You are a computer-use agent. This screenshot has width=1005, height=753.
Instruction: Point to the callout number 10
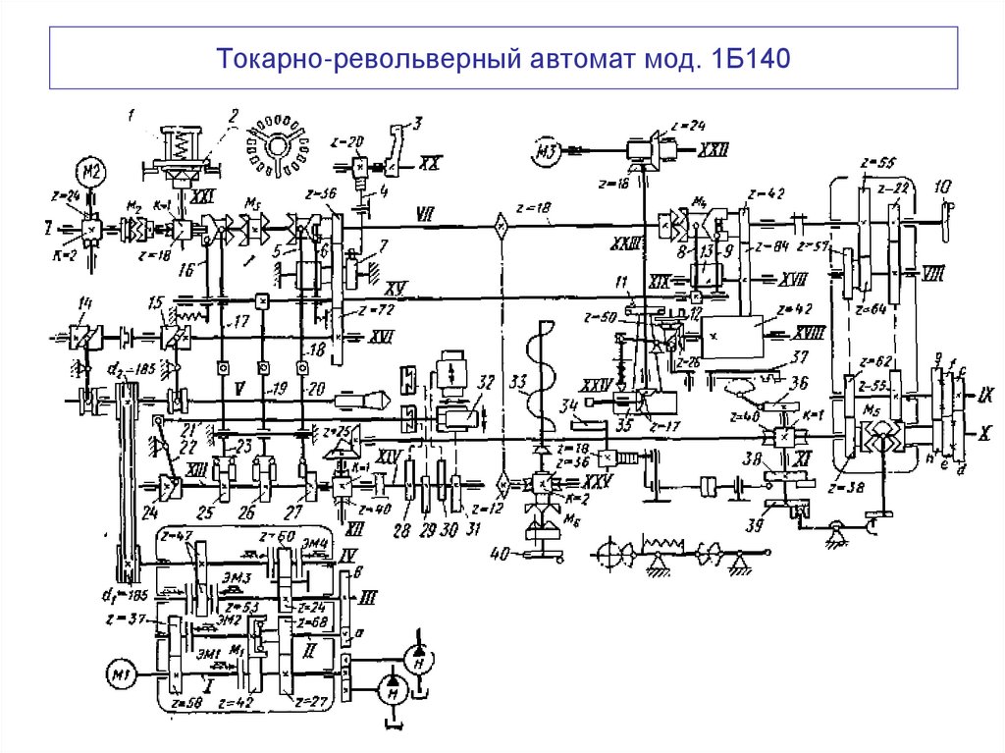(x=942, y=186)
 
